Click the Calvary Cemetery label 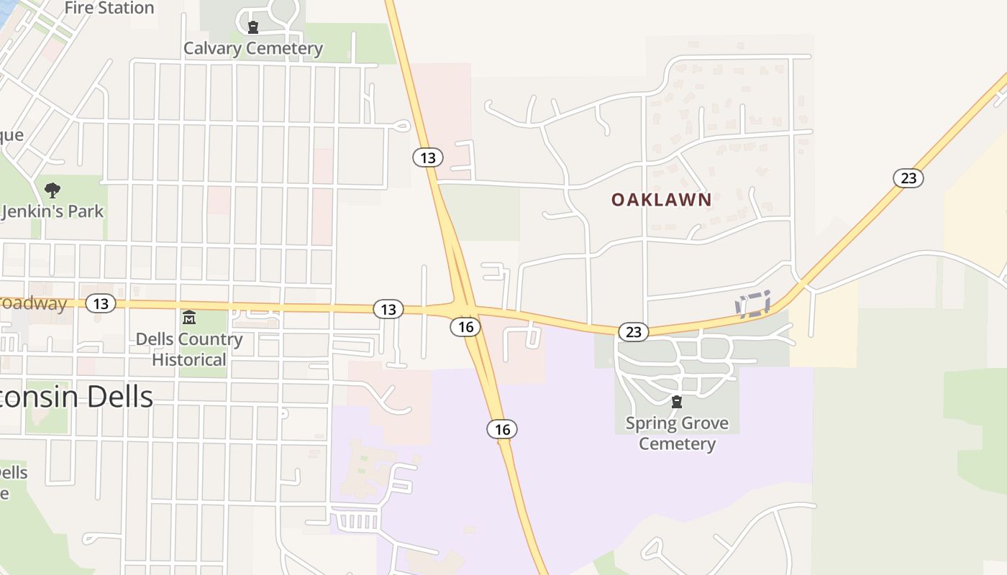point(253,48)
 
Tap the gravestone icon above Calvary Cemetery point(253,28)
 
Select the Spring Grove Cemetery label point(677,433)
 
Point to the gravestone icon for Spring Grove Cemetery point(677,402)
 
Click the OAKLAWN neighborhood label point(662,200)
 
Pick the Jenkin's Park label point(53,211)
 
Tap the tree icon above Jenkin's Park point(52,190)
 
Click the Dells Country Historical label point(189,349)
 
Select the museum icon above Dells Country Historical point(189,317)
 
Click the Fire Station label point(109,9)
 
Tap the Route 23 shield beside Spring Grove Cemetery point(633,331)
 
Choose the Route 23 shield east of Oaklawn point(908,178)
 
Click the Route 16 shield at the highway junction point(465,327)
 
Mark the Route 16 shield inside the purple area point(502,429)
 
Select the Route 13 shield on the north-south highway point(428,157)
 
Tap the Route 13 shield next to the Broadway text point(101,303)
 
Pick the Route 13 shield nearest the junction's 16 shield point(388,309)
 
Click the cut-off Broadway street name point(33,303)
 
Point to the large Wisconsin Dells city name point(76,397)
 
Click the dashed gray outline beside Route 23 point(753,304)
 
